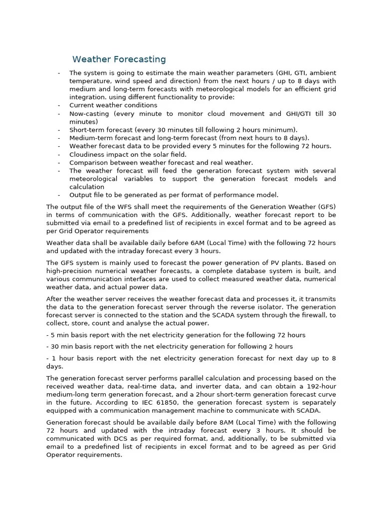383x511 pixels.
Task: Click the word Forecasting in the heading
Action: pos(140,59)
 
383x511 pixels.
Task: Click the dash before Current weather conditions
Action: pos(59,105)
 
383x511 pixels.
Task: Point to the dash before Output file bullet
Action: pos(59,195)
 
